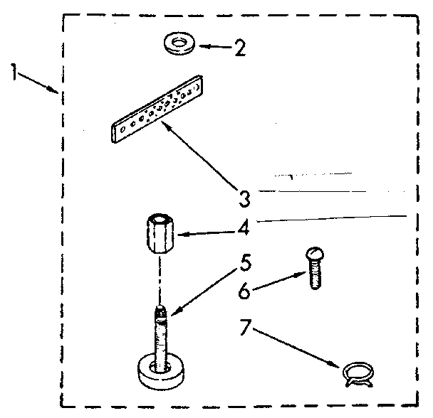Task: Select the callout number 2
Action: tap(239, 48)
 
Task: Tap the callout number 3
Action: tap(245, 195)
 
